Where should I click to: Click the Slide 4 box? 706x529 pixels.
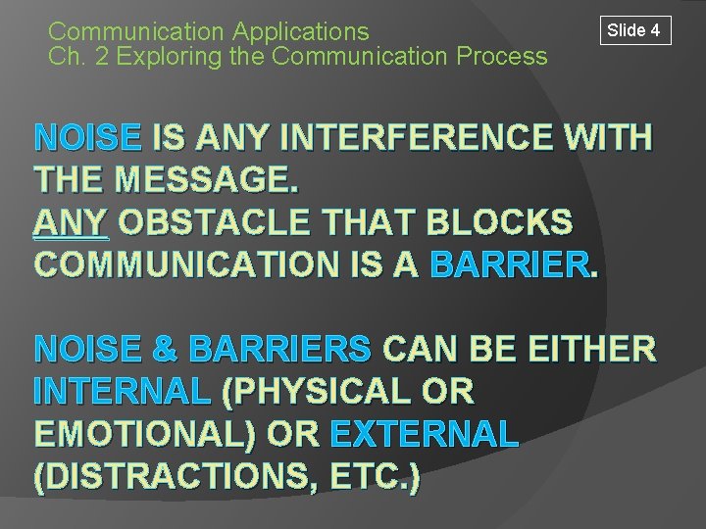coord(633,30)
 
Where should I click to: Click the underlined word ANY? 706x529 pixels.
coord(73,224)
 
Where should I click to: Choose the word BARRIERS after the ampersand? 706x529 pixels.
coord(278,350)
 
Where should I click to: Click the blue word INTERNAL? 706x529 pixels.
coord(123,392)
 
